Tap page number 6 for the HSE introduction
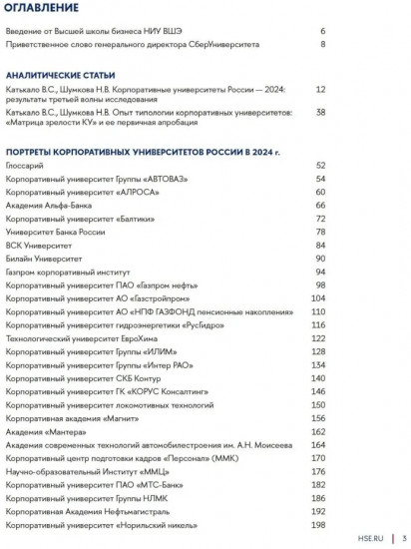click(322, 31)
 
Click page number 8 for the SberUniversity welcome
click(322, 45)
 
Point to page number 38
click(319, 113)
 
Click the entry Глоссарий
click(26, 165)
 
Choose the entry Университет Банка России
click(55, 232)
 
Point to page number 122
click(318, 339)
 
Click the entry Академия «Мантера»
click(43, 430)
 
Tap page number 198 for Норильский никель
click(318, 524)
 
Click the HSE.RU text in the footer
click(369, 537)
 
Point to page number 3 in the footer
click(404, 537)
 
